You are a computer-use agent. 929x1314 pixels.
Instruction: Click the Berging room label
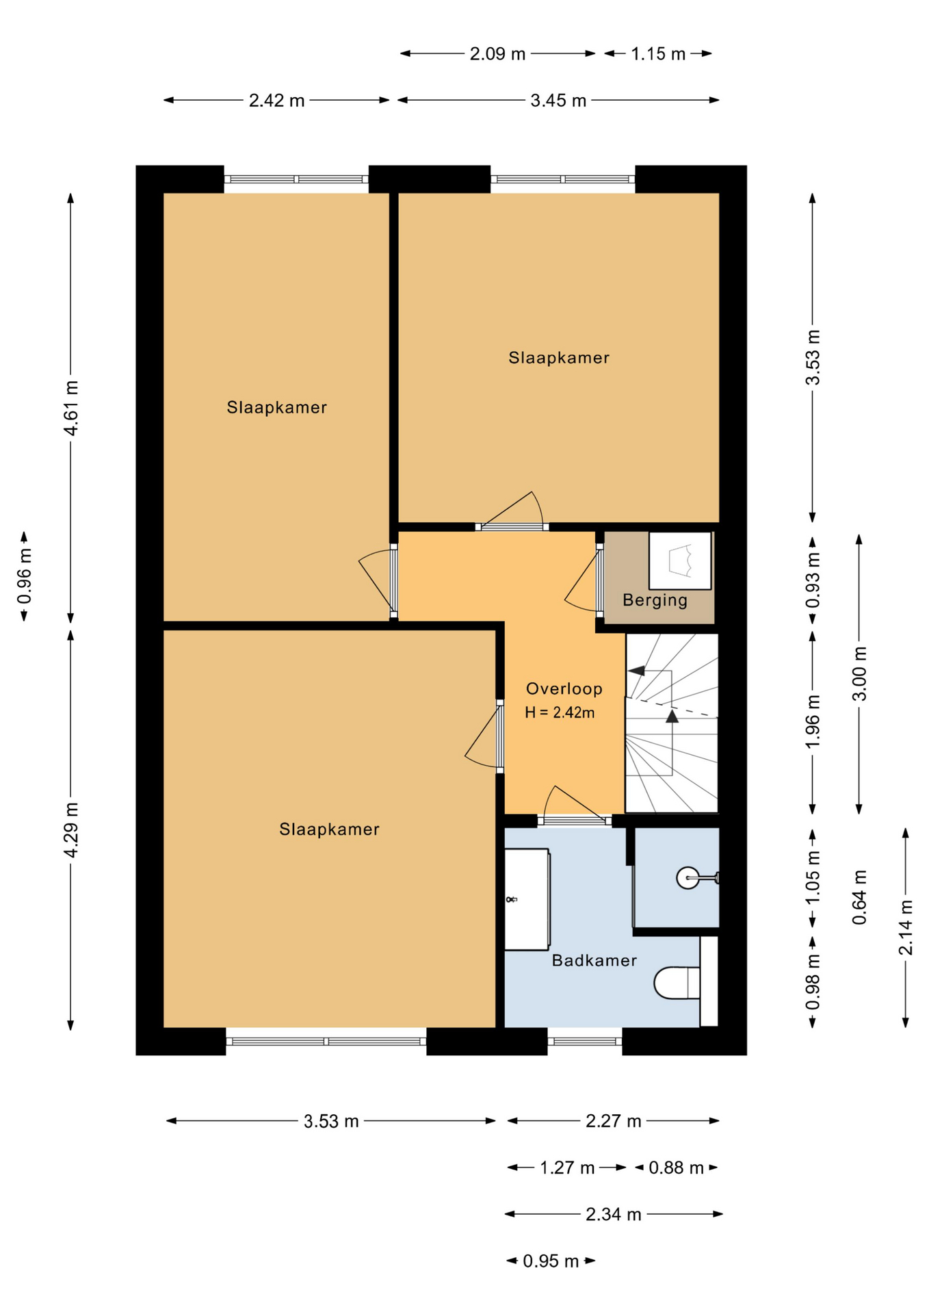[x=655, y=600]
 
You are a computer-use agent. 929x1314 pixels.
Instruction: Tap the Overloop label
[x=564, y=688]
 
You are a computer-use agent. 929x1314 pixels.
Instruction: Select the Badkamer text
[x=594, y=960]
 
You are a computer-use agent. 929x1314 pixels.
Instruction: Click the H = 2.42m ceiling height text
[x=560, y=712]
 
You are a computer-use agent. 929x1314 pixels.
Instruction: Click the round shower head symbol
[x=688, y=877]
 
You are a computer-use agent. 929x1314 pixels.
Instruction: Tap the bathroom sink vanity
[x=527, y=899]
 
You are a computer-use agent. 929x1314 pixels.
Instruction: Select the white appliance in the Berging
[x=679, y=561]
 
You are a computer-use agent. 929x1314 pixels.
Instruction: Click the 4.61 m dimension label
[x=70, y=408]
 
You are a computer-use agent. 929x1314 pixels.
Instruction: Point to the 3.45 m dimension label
[x=558, y=101]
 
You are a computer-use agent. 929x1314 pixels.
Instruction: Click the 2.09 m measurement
[x=497, y=53]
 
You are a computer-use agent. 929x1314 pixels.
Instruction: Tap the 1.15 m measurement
[x=658, y=53]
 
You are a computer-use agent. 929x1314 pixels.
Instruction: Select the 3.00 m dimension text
[x=859, y=673]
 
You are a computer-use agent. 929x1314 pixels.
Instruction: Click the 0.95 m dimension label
[x=551, y=1261]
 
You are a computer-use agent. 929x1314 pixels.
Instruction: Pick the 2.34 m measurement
[x=613, y=1214]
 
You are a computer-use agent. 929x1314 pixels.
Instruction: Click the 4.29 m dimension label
[x=70, y=829]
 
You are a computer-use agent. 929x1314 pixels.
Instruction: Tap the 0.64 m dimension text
[x=859, y=897]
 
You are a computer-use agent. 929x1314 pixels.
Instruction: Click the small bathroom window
[x=584, y=1042]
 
